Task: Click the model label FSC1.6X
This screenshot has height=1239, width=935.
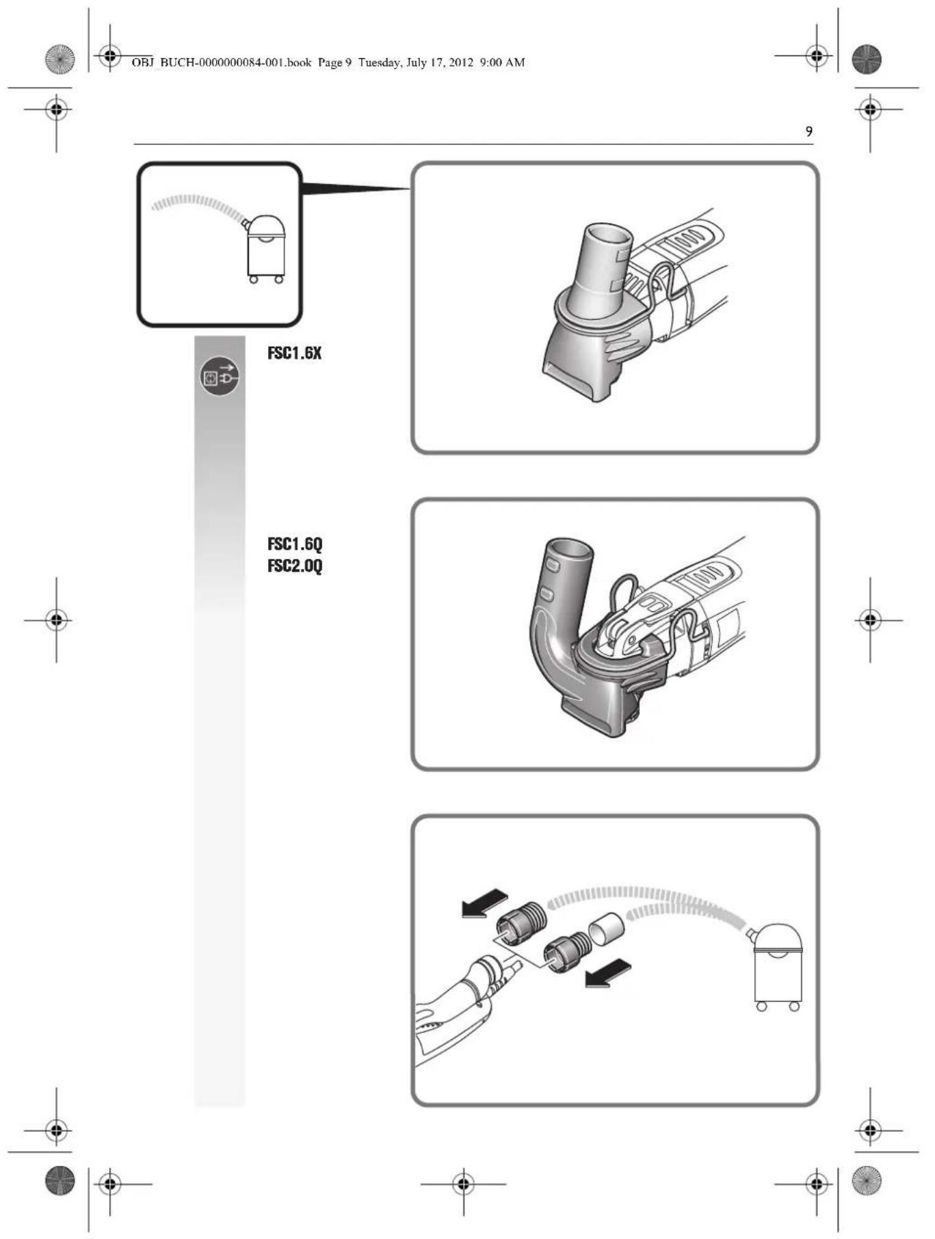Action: [x=294, y=354]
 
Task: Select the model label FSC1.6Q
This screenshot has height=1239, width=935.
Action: [x=295, y=544]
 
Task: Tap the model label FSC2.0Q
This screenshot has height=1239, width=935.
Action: [x=295, y=566]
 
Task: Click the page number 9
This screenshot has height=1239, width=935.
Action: [x=809, y=132]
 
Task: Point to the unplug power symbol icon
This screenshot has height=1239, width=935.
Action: [x=220, y=377]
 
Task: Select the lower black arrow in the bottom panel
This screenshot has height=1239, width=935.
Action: [x=608, y=972]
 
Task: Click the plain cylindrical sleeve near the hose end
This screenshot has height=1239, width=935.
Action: [x=607, y=929]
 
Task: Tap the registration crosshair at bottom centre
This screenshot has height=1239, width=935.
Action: [x=464, y=1183]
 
